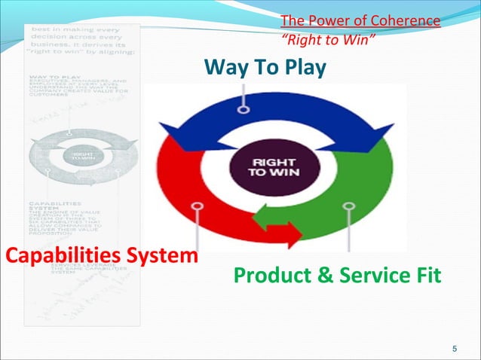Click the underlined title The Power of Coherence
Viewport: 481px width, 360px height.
(360, 20)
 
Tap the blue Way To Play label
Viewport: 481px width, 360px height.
(265, 69)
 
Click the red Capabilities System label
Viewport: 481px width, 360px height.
(102, 255)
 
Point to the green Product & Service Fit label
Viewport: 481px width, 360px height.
(337, 276)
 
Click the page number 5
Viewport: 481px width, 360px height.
(454, 348)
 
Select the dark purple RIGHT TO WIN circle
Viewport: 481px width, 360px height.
(268, 166)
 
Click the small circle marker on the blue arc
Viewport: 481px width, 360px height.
(243, 109)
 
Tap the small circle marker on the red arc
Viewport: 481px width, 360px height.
(197, 205)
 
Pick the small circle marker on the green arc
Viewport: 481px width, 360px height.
(348, 206)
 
